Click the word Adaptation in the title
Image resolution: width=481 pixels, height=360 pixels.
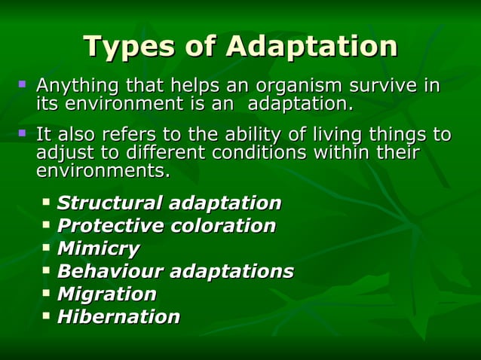pyautogui.click(x=311, y=47)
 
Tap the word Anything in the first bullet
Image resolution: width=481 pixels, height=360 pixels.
pyautogui.click(x=75, y=86)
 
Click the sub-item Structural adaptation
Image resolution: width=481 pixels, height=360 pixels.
pyautogui.click(x=169, y=203)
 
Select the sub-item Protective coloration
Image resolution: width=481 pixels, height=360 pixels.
pyautogui.click(x=166, y=226)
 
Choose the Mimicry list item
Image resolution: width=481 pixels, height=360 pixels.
pyautogui.click(x=98, y=249)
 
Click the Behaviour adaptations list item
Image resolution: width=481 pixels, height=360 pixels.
pyautogui.click(x=175, y=271)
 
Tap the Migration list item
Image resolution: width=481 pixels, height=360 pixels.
pyautogui.click(x=106, y=294)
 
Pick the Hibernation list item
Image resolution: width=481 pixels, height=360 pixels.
pyautogui.click(x=118, y=316)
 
